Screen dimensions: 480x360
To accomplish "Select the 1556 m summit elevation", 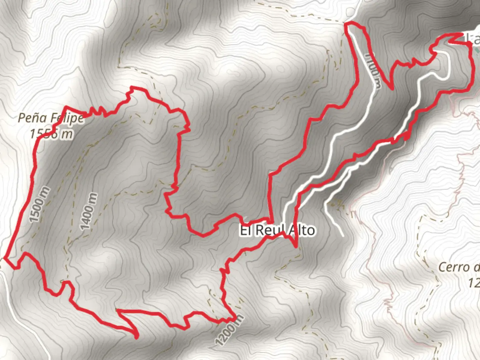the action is coord(51,134).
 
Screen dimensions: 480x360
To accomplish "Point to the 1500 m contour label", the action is coord(40,205).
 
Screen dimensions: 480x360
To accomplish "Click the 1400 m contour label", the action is coord(89,211).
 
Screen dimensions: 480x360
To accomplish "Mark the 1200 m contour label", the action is coord(229,329).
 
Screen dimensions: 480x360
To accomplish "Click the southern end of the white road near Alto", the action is coord(342,235).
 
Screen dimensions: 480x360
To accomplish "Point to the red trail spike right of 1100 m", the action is coord(391,88).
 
